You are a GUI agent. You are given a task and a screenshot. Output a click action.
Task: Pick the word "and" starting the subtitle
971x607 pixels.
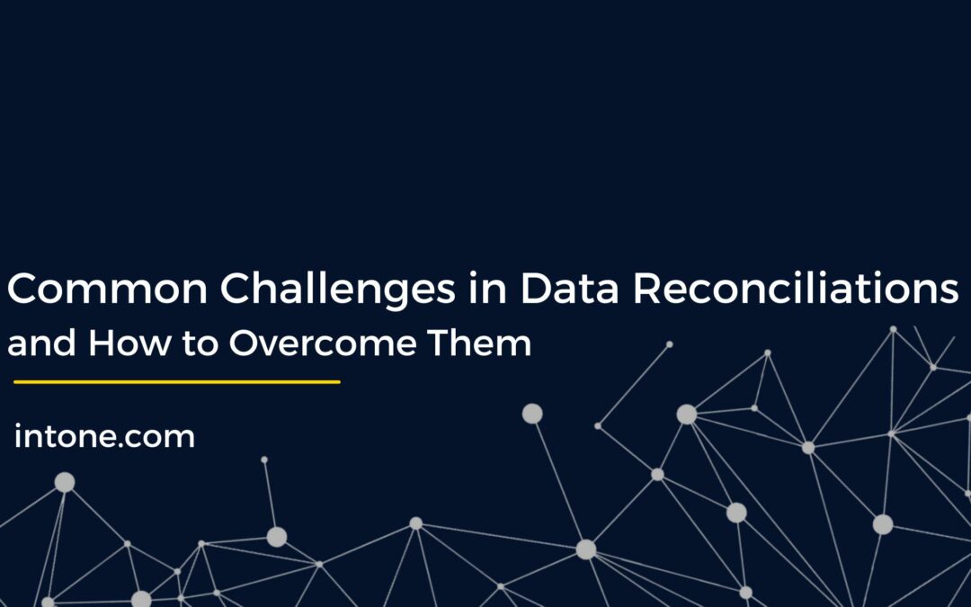(x=41, y=344)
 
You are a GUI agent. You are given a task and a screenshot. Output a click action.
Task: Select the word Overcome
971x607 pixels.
(x=328, y=344)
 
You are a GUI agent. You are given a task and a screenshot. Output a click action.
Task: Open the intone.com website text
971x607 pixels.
(x=104, y=437)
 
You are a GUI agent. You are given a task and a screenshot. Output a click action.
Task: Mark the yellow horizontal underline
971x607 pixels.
(x=176, y=382)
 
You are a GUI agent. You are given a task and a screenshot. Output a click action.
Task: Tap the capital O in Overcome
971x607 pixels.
(x=245, y=344)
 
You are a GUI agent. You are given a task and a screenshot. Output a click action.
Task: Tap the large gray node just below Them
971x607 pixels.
(x=532, y=414)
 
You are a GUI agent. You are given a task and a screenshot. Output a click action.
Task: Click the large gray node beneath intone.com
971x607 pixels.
(x=65, y=483)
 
